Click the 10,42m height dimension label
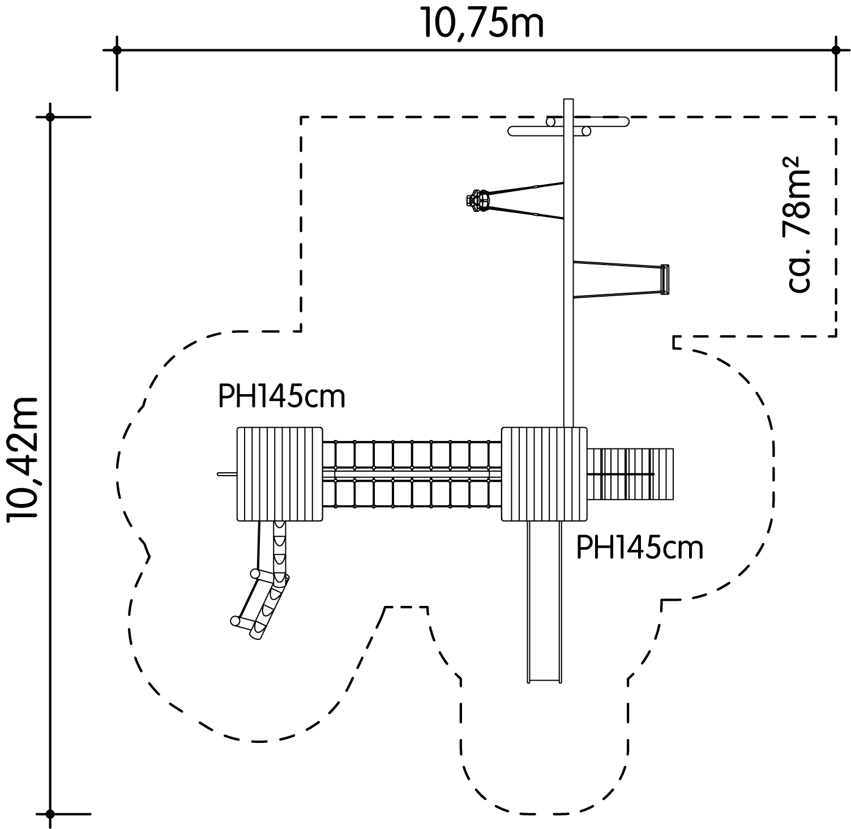[x=23, y=458]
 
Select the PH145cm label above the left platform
[x=281, y=397]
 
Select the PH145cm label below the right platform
[x=640, y=548]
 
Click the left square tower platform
[x=280, y=474]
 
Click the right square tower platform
[x=544, y=474]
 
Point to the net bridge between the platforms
[x=412, y=474]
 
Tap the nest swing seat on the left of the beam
[x=477, y=200]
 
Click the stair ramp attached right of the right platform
[x=631, y=474]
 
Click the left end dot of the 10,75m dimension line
[x=117, y=50]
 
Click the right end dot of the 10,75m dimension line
[x=836, y=50]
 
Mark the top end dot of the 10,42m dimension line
[x=50, y=117]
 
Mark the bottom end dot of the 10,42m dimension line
[x=50, y=814]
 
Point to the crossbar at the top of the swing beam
[x=568, y=126]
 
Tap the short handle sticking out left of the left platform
[x=227, y=474]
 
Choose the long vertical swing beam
[x=568, y=263]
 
